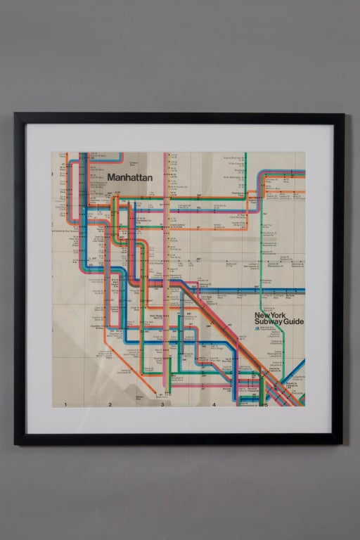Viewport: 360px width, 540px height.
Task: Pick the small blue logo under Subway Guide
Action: pos(257,329)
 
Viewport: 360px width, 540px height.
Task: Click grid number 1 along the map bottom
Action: pos(65,404)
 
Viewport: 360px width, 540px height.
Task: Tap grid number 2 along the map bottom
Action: pos(110,404)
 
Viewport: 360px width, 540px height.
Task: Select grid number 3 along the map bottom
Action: pos(162,404)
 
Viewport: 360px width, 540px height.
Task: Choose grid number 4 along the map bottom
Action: pos(214,404)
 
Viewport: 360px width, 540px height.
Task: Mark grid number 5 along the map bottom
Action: pos(266,404)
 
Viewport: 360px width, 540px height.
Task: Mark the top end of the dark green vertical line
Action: pos(245,155)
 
